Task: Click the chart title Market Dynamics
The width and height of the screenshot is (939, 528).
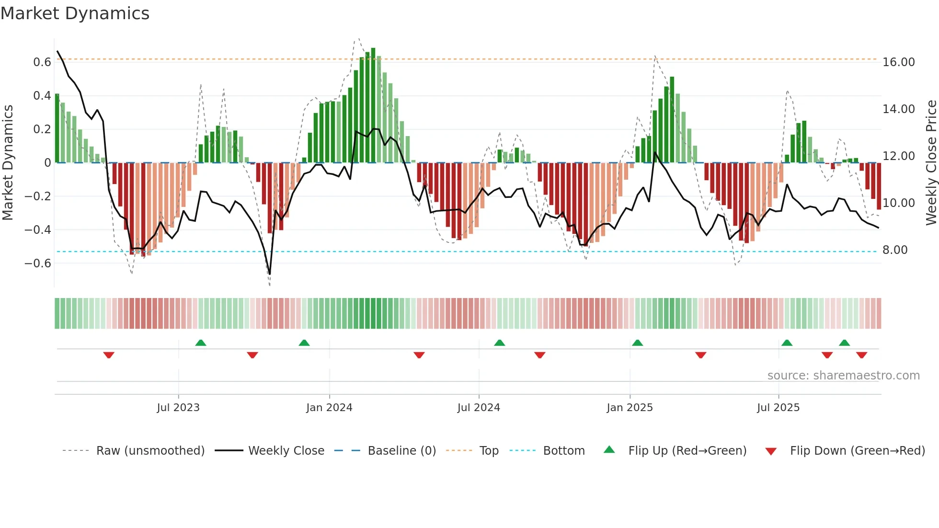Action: [75, 13]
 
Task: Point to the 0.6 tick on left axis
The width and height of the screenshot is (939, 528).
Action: [42, 62]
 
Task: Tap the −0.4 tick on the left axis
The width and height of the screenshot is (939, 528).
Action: [38, 230]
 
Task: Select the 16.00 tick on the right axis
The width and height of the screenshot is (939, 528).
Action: [899, 62]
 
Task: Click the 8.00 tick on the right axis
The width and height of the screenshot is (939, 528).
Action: [895, 250]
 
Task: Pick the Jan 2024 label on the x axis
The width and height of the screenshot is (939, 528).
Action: [329, 408]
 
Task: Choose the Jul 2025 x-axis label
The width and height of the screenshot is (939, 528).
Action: [778, 408]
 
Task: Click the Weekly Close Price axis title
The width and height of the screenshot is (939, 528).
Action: [931, 163]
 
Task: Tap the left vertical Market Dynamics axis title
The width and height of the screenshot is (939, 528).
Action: [8, 163]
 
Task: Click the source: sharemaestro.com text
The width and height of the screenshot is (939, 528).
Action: [843, 376]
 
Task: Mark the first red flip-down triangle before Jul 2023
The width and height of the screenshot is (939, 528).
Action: [109, 355]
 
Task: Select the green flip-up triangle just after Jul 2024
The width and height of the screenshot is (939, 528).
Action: [499, 343]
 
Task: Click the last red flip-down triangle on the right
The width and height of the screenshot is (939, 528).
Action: [861, 355]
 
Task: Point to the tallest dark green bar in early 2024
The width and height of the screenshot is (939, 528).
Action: [373, 105]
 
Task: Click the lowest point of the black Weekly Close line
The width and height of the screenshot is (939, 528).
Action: [270, 274]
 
